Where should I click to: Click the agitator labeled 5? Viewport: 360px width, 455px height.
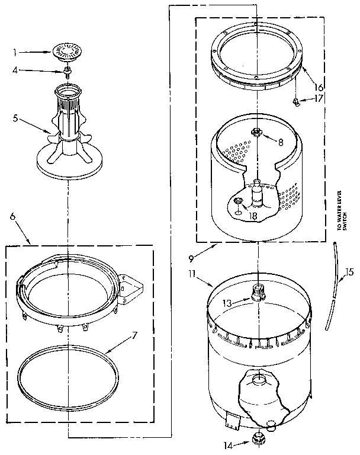point(67,136)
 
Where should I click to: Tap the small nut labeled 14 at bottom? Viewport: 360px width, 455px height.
point(258,438)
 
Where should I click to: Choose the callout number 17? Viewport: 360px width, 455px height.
point(320,99)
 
